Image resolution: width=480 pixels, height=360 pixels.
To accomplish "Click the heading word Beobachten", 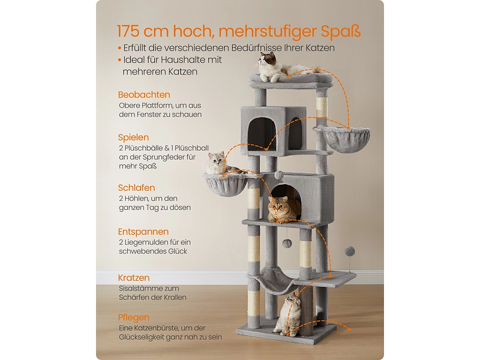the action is [144, 95].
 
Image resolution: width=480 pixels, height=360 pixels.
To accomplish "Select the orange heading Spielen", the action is [133, 138].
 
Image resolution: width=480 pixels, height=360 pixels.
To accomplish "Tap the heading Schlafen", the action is [137, 188].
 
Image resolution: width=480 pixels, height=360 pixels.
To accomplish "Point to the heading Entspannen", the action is [143, 232].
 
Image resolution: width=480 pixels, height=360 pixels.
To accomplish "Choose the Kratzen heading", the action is [134, 278].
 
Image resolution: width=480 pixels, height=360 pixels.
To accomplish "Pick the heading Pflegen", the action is [134, 318].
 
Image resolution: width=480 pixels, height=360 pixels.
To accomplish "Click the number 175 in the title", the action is [128, 31].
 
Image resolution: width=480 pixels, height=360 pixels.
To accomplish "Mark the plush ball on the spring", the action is [349, 252].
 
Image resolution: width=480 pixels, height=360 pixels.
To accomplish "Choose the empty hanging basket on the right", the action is [344, 139].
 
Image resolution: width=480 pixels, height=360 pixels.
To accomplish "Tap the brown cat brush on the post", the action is [306, 311].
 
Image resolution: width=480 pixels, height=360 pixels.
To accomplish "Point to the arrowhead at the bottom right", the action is [349, 329].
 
